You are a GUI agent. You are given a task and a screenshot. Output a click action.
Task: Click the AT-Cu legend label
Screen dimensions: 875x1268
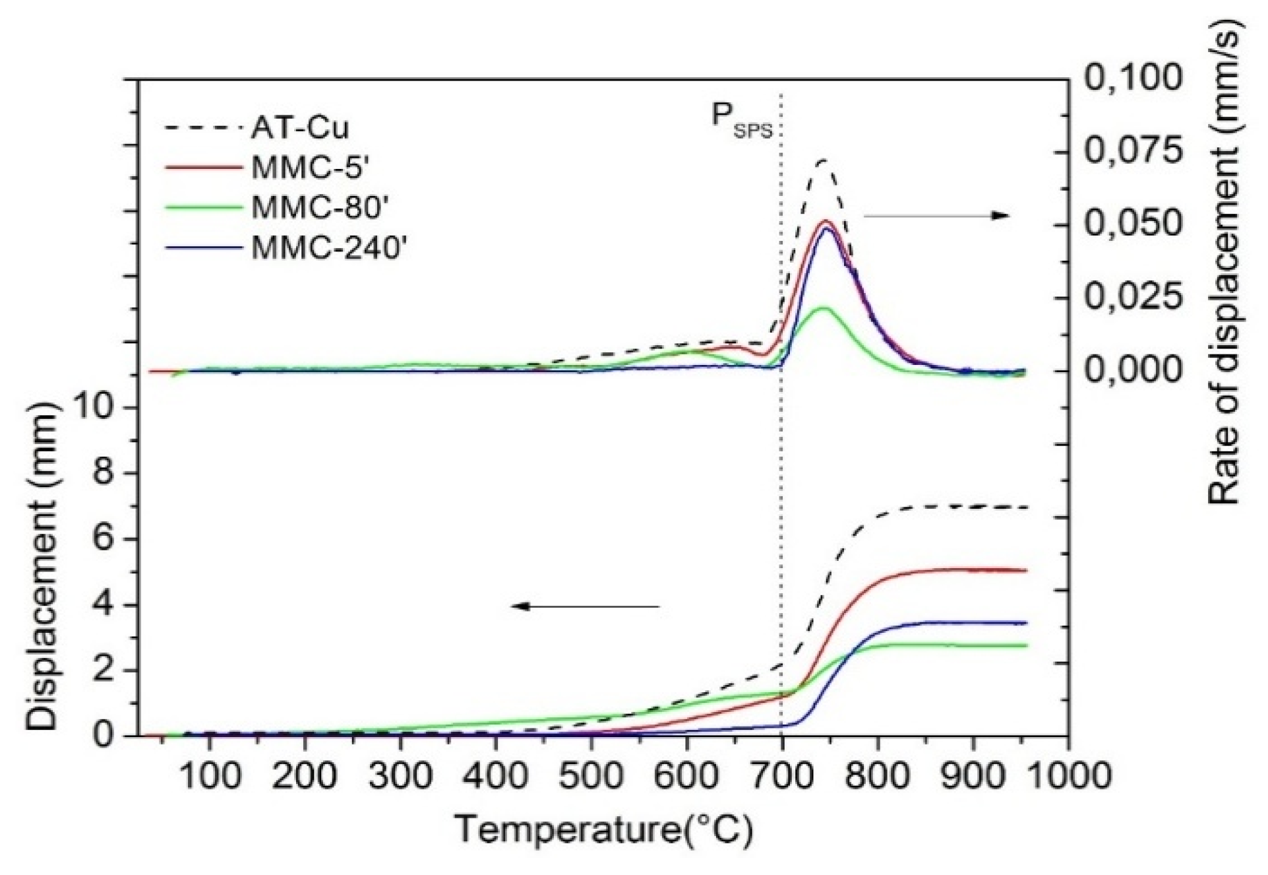[x=299, y=128]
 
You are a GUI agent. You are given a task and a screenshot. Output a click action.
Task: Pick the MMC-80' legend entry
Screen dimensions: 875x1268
[x=317, y=208]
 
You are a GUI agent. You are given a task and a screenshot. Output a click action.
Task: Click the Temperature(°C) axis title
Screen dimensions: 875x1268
[x=603, y=829]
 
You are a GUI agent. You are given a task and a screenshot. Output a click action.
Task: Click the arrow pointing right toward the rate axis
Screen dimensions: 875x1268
[x=936, y=216]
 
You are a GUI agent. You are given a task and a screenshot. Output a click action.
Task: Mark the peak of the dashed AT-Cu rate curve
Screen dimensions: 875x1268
[x=822, y=160]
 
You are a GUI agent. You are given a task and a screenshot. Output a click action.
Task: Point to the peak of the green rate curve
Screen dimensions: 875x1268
[x=822, y=308]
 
